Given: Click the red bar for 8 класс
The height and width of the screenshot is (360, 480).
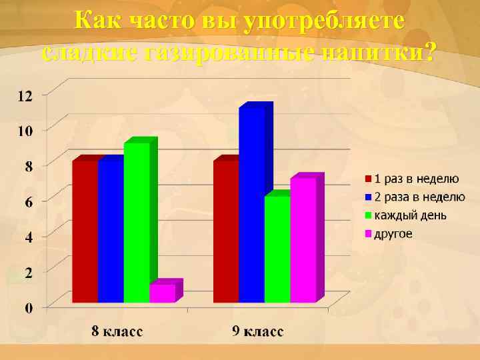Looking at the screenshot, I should pyautogui.click(x=85, y=231).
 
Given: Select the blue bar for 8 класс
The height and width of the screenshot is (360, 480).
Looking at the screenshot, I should pyautogui.click(x=111, y=231).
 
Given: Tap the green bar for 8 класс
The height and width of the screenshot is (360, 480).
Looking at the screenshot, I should pyautogui.click(x=137, y=223).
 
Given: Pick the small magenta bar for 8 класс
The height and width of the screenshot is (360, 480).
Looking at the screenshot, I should pyautogui.click(x=162, y=293).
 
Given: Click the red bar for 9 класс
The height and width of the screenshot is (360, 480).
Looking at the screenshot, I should pyautogui.click(x=226, y=231).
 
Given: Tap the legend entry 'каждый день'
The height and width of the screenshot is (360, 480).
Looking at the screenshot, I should pyautogui.click(x=409, y=215).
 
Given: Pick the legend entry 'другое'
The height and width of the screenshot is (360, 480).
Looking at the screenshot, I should pyautogui.click(x=393, y=234).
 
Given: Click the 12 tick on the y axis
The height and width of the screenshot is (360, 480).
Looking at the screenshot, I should pyautogui.click(x=25, y=95).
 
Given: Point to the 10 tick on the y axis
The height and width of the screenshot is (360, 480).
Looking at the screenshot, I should pyautogui.click(x=25, y=131).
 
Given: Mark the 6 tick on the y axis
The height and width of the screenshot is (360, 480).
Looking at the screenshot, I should pyautogui.click(x=28, y=201).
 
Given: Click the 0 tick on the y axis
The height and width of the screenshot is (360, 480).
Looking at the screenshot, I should pyautogui.click(x=28, y=308).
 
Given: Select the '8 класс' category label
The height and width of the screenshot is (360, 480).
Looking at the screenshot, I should pyautogui.click(x=117, y=331).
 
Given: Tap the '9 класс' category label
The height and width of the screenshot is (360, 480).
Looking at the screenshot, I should pyautogui.click(x=258, y=331).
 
